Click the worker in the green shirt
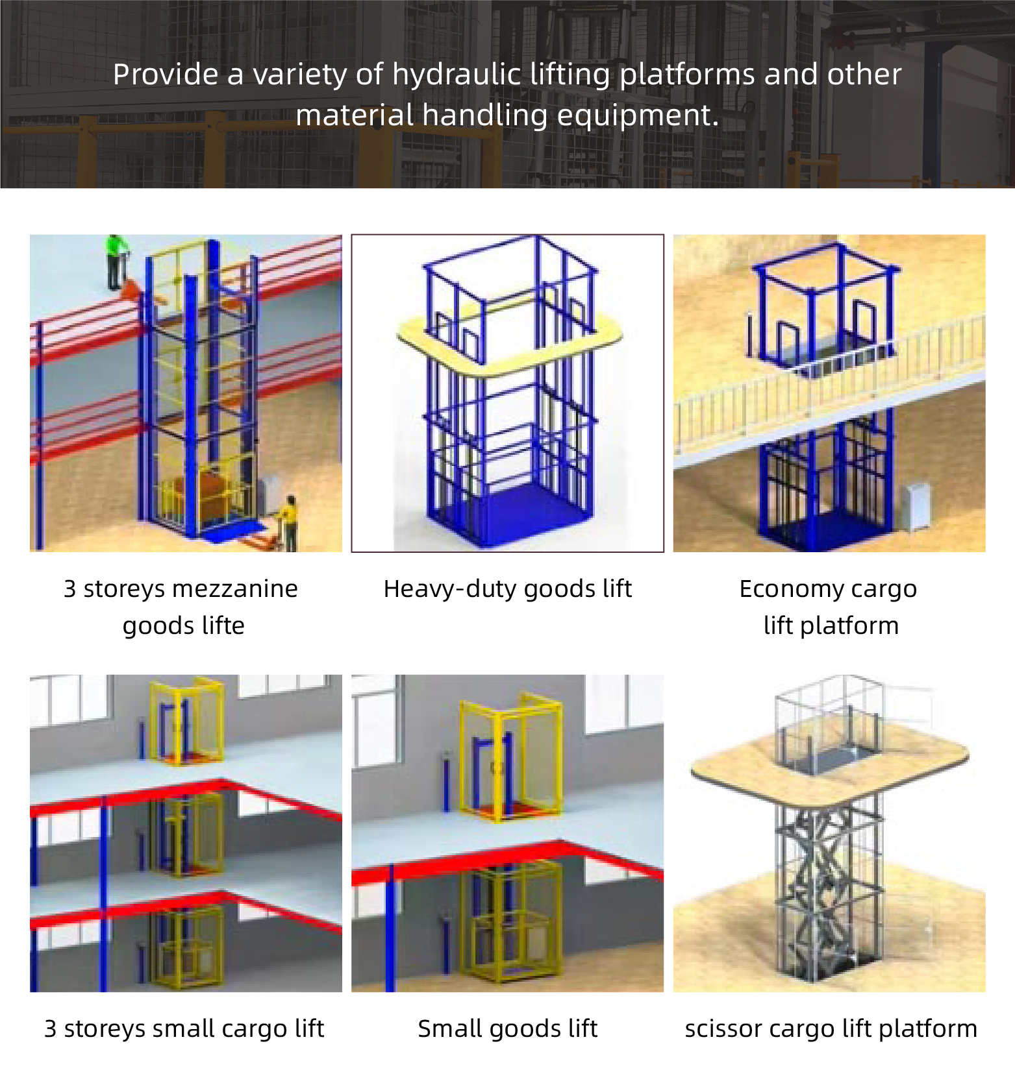click(x=116, y=262)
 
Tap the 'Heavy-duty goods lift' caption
click(x=508, y=589)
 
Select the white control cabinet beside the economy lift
click(x=915, y=506)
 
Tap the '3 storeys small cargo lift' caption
click(x=184, y=1029)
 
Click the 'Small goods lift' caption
click(x=508, y=1029)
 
